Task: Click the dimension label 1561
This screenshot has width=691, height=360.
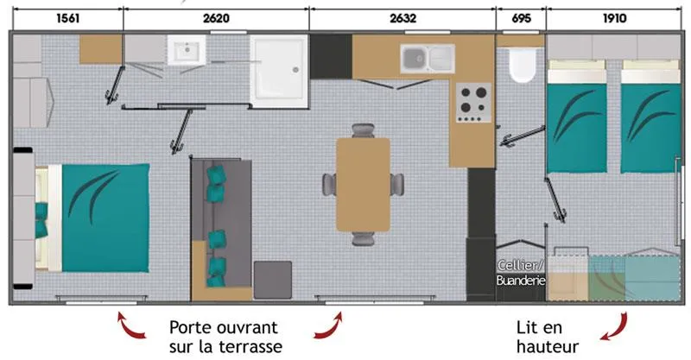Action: pos(67,17)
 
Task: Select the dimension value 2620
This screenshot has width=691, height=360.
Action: pos(216,17)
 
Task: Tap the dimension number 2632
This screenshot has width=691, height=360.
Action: pos(403,17)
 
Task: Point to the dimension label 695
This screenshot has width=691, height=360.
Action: pos(520,17)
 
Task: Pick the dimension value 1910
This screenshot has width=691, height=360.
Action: pos(616,17)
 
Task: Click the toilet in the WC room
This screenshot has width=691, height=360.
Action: pos(521,66)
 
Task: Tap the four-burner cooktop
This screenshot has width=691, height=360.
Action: pos(472,101)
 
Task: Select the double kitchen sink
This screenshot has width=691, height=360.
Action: pos(427,58)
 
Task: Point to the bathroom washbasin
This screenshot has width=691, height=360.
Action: pos(184,53)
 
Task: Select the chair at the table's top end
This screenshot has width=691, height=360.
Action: pos(363,130)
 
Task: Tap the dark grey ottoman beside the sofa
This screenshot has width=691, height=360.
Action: pos(273,278)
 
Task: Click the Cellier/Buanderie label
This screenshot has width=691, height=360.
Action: pos(521,273)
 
